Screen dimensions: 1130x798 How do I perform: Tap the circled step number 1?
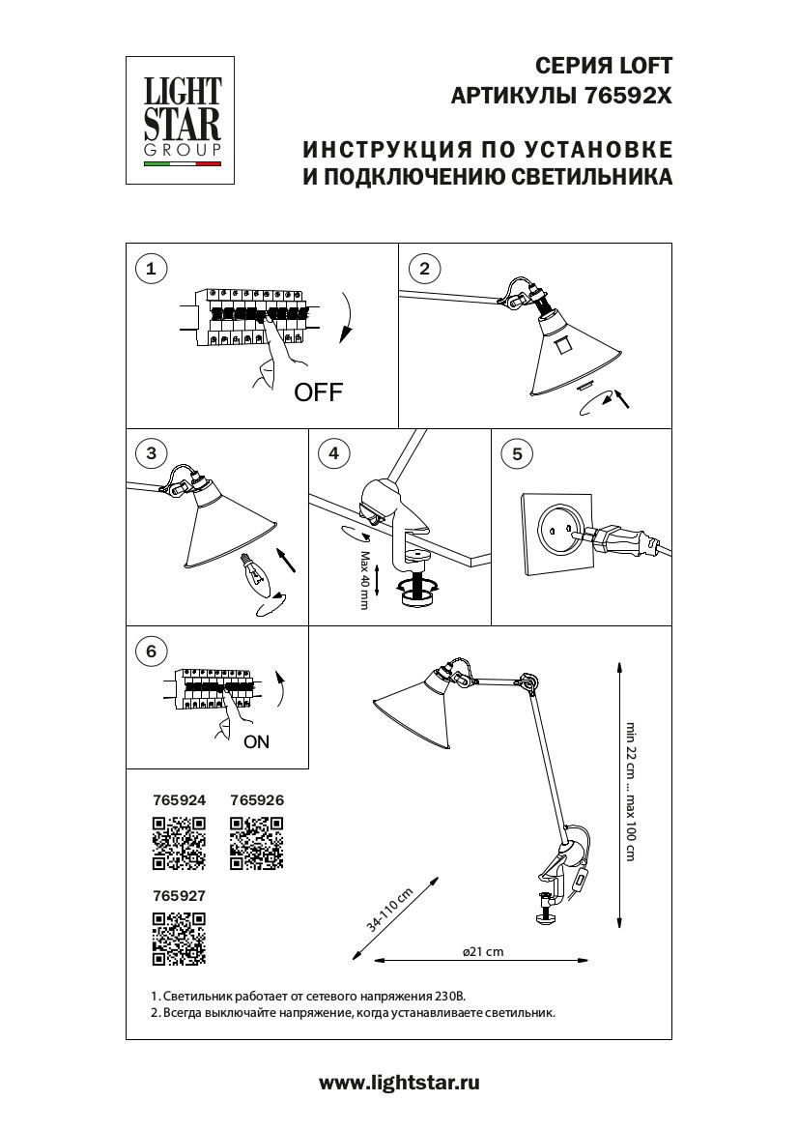[150, 269]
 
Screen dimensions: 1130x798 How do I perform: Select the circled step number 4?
[334, 453]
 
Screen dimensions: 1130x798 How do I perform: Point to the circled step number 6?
[150, 651]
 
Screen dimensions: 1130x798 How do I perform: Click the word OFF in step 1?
[319, 392]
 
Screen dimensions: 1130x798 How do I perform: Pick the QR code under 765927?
[180, 939]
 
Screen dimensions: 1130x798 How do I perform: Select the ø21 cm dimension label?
[483, 952]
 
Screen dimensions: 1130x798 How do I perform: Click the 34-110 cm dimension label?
[390, 910]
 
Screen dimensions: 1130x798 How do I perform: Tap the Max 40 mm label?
[365, 581]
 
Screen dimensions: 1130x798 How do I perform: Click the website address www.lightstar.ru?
[399, 1084]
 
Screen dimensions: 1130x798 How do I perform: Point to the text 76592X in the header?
[628, 97]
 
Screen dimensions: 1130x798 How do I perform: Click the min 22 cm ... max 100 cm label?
[630, 792]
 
